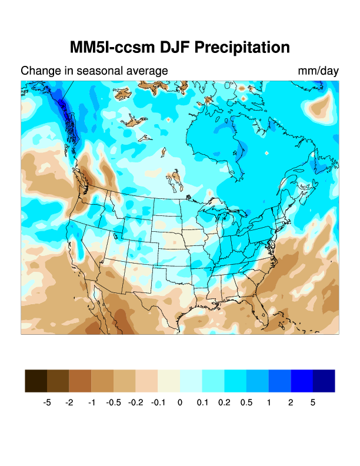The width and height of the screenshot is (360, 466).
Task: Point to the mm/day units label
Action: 318,71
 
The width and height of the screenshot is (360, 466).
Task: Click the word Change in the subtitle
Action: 41,71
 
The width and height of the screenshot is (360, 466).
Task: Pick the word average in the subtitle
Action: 148,71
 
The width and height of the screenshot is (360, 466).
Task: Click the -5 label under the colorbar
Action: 47,403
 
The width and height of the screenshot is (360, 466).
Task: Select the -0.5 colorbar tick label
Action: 113,403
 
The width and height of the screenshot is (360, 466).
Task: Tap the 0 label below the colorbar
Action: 180,403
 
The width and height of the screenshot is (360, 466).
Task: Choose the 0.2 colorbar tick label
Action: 225,403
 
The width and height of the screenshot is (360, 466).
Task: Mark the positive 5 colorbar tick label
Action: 314,403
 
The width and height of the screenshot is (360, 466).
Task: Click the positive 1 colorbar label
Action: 269,403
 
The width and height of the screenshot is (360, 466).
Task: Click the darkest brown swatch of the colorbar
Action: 36,381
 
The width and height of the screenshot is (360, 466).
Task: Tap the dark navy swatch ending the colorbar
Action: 324,381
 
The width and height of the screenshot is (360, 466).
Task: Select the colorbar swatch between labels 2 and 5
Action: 302,381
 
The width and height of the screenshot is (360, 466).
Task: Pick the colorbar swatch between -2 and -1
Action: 80,381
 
